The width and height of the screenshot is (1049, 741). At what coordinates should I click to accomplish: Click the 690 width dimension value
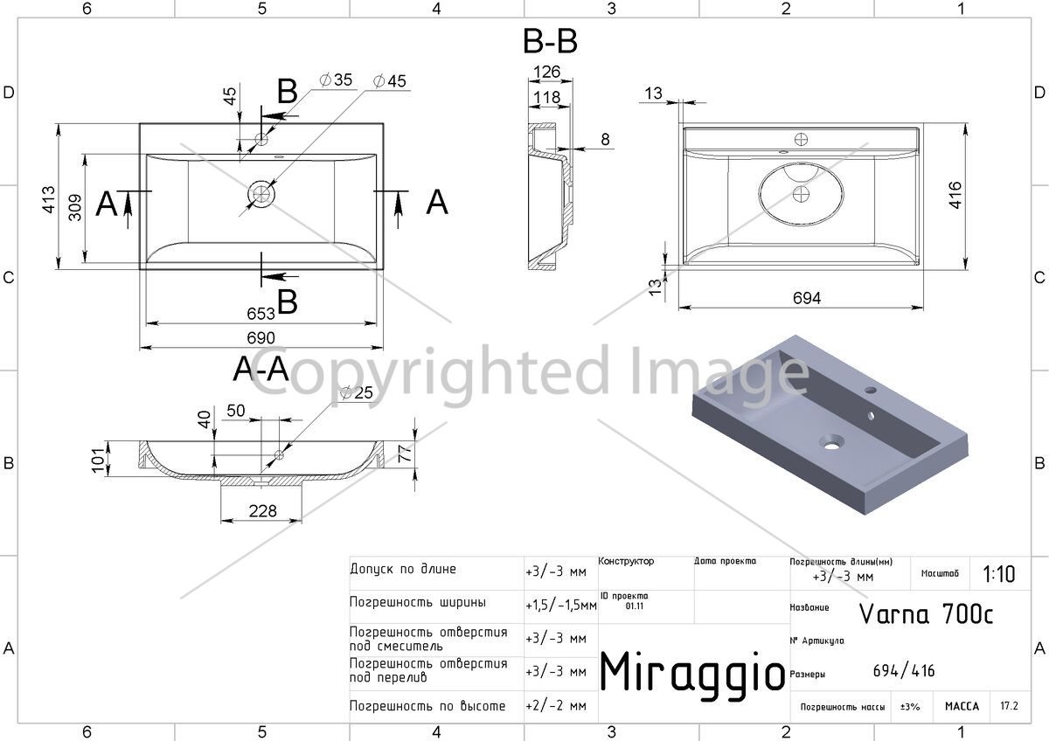(261, 337)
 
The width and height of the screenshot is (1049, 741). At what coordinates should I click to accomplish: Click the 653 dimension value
(261, 313)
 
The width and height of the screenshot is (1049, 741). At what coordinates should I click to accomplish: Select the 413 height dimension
(49, 200)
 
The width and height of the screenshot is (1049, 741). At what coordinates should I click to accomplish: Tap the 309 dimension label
(75, 207)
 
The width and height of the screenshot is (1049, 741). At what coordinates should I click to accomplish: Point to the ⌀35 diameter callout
(336, 80)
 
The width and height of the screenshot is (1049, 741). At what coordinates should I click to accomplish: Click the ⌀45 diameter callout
(390, 81)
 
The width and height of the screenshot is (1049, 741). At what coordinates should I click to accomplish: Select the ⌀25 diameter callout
(357, 392)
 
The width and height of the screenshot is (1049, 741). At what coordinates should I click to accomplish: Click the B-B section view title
(550, 41)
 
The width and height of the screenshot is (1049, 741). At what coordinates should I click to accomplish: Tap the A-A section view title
(261, 369)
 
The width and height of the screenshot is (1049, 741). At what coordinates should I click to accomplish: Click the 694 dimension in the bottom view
(806, 298)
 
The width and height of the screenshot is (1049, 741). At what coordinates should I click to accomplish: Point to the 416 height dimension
(955, 195)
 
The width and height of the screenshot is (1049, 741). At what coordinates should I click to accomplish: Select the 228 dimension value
(263, 510)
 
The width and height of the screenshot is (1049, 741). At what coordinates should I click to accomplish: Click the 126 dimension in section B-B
(547, 72)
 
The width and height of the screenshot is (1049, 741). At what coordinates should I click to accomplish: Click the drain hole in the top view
(261, 194)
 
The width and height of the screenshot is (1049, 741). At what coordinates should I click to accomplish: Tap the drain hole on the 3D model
(831, 442)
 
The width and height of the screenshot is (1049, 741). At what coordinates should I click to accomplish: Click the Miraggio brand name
(692, 672)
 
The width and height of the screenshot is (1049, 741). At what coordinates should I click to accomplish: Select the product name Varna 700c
(926, 614)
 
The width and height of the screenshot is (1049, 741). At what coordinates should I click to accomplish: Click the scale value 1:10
(999, 574)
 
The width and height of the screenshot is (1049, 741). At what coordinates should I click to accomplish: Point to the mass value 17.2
(1009, 705)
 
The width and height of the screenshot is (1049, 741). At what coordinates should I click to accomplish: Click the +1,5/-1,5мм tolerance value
(561, 606)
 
